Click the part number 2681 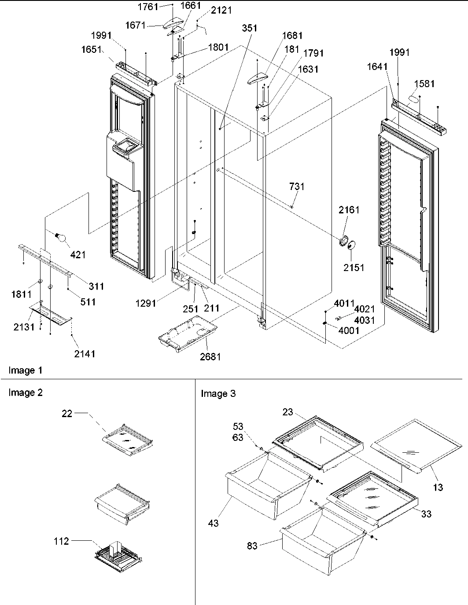point(210,357)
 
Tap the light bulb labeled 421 point(63,238)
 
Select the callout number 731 point(296,187)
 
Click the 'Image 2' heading point(26,392)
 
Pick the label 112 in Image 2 point(61,541)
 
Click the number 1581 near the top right point(424,84)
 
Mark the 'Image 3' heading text point(218,394)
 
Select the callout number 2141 point(84,354)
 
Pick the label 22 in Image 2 point(66,414)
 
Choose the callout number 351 point(250,28)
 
